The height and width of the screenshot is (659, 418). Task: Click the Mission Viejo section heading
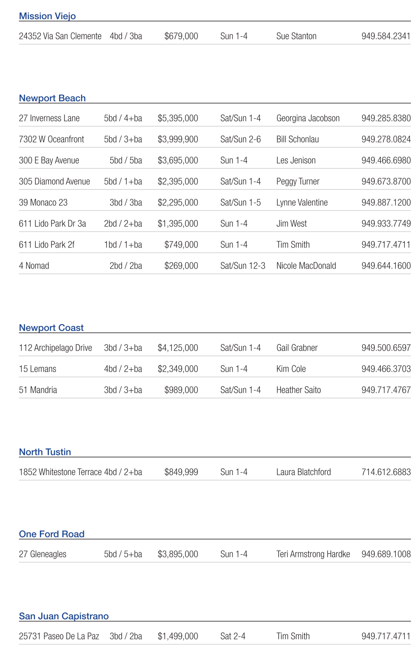[x=47, y=16]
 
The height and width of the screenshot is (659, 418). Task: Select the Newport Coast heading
[x=51, y=328]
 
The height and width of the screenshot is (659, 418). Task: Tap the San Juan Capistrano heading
[x=64, y=616]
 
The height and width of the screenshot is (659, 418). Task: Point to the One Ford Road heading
[x=52, y=534]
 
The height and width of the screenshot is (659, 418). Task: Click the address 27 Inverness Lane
[x=49, y=118]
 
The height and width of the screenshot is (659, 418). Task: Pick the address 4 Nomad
[x=34, y=266]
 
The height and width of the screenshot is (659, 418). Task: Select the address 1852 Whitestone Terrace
[x=60, y=472]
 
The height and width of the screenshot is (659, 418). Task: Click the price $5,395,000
[x=178, y=118]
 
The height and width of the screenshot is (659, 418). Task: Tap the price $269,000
[x=181, y=266]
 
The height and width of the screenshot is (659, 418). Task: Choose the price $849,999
[x=181, y=472]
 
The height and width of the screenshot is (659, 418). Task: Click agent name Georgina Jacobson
[x=308, y=118]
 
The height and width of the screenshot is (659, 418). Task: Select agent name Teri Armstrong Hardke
[x=313, y=554]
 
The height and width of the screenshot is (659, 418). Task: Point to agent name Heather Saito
[x=298, y=390]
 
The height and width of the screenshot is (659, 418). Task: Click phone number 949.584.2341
[x=386, y=36]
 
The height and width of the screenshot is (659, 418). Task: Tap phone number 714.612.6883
[x=386, y=472]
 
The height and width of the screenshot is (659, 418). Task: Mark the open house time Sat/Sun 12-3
[x=242, y=266]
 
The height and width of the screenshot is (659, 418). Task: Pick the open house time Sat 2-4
[x=233, y=636]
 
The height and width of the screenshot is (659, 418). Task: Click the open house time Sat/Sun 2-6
[x=240, y=139]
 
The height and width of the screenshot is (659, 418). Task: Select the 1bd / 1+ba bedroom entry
[x=123, y=245]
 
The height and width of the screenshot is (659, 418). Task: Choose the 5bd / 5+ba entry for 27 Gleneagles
[x=123, y=554]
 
